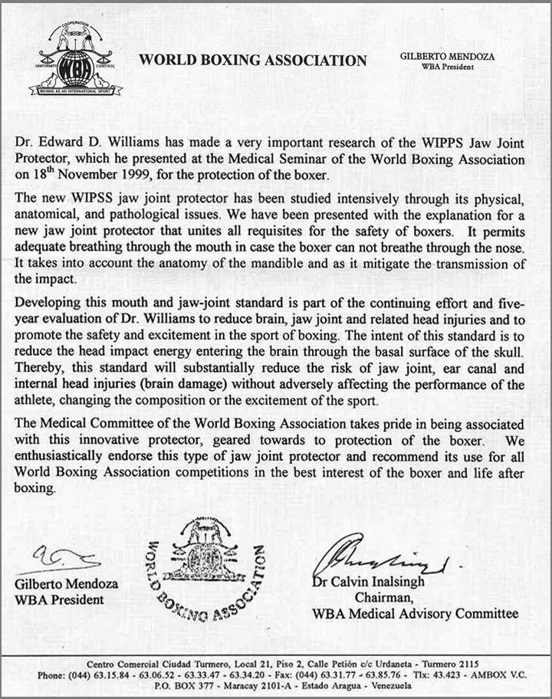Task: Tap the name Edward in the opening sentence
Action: pyautogui.click(x=65, y=143)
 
